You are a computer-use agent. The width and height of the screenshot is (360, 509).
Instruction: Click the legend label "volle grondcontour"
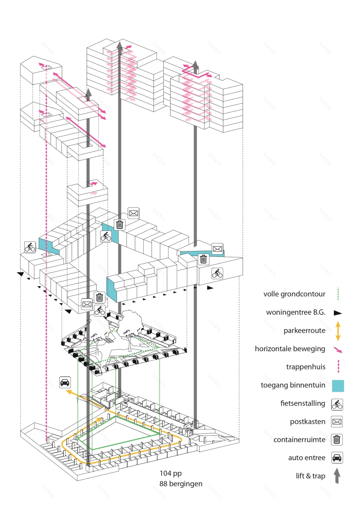[295, 294]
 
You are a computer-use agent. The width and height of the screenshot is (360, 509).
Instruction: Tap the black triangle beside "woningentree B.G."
[337, 313]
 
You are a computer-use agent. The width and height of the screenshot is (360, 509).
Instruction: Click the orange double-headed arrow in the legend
[337, 331]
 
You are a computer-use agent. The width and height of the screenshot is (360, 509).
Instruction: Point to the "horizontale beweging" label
[290, 349]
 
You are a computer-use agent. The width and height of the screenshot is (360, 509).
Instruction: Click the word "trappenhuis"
[306, 367]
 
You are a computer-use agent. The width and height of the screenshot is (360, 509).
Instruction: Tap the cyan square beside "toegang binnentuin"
[337, 386]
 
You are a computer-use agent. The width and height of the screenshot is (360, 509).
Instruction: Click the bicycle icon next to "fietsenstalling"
[337, 404]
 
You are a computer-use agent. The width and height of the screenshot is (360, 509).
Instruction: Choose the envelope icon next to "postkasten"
[337, 422]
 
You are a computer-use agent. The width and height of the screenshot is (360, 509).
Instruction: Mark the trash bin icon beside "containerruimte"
[337, 440]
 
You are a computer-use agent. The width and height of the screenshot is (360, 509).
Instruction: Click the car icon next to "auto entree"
[337, 458]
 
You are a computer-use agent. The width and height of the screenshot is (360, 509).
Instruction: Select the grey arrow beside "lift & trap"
[337, 476]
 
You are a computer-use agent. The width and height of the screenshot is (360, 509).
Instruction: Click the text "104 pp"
[170, 473]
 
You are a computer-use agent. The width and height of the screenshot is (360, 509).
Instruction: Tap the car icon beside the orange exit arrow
[65, 382]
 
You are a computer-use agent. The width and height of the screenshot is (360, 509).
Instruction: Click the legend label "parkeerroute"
[305, 330]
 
